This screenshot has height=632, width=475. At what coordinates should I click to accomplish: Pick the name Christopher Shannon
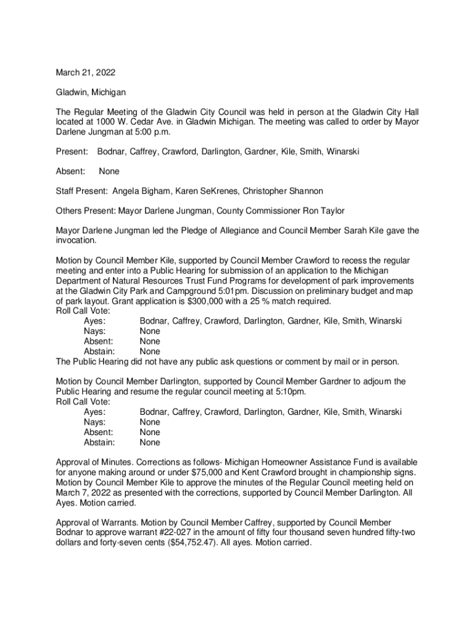pos(284,191)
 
